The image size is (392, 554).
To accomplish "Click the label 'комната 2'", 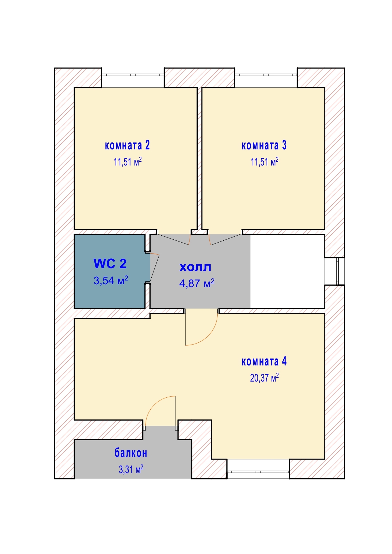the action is [127, 145].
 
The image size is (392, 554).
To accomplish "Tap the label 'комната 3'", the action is [264, 145].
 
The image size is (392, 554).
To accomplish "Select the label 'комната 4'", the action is [264, 361].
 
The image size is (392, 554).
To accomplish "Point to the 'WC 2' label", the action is [110, 263].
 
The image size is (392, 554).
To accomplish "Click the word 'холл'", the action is [195, 267].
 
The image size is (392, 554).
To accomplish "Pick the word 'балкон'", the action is [131, 453].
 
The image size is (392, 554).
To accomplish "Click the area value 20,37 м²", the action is [264, 378].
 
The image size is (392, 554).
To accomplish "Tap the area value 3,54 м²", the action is [111, 280].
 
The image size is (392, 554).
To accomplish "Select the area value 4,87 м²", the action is [197, 283].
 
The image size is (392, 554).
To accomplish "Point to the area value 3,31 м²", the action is [131, 469].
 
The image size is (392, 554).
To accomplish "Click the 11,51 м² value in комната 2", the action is [128, 162].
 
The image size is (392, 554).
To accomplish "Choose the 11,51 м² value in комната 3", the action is [265, 162].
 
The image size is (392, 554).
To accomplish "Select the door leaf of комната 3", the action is [226, 240].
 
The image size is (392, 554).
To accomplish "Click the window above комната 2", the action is [133, 75].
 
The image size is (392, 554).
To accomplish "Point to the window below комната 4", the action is [258, 472].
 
